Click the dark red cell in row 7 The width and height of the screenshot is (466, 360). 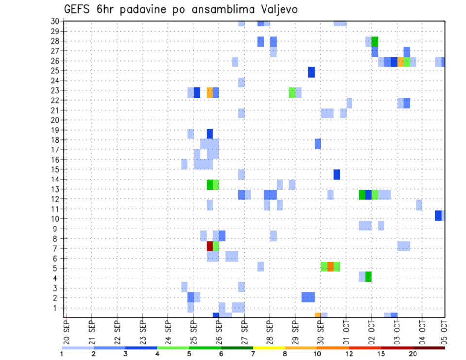pos(210,246)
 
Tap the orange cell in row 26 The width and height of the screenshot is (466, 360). pos(400,62)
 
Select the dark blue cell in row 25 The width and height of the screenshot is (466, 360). pos(311,72)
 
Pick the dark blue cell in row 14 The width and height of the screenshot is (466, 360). pos(337,174)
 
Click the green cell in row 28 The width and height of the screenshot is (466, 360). pos(375,42)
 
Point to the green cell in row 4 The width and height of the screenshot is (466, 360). pos(368,277)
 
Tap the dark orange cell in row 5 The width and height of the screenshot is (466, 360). pos(331,266)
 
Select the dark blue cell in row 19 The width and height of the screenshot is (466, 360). pos(210,133)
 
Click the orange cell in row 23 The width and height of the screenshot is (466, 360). pos(210,92)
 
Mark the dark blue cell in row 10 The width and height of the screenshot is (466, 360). pos(438,215)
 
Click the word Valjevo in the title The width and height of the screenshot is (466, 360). pos(280,9)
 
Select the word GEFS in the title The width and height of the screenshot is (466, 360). pos(78,9)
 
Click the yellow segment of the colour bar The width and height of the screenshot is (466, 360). pos(269,348)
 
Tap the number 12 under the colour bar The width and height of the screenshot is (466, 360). pos(349,354)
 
